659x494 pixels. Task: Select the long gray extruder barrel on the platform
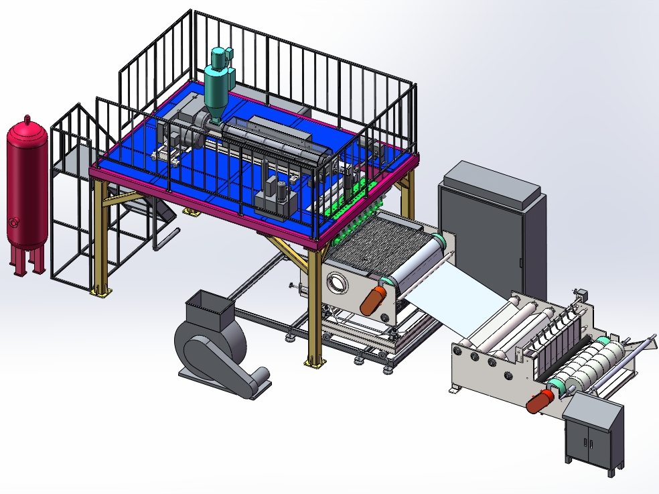pos(275,137)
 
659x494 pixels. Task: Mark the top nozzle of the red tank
pos(27,120)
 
